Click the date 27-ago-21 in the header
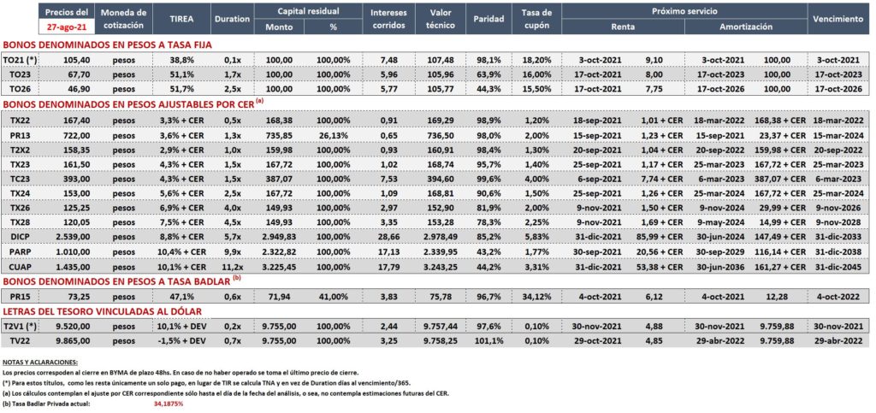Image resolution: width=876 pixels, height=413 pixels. (66, 26)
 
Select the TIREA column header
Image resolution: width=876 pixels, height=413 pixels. (181, 19)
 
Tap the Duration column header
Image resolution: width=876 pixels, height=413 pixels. (231, 19)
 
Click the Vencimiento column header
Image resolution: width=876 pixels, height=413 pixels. (838, 19)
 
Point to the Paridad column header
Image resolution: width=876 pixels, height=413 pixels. (488, 19)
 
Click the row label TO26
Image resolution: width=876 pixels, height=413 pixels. (21, 89)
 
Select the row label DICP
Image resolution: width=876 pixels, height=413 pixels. (21, 237)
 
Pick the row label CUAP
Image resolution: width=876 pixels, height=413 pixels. (21, 266)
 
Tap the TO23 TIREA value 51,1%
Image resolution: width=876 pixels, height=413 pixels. (181, 74)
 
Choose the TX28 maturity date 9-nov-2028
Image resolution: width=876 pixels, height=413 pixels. (838, 222)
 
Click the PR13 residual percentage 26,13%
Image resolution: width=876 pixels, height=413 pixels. (334, 135)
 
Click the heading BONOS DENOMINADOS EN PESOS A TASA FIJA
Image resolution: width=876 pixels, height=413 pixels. (108, 45)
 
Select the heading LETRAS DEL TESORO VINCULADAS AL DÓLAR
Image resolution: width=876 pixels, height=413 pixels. (103, 310)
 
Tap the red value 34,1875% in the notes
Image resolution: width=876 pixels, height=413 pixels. (169, 403)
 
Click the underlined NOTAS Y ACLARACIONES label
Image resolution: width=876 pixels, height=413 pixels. (40, 363)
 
